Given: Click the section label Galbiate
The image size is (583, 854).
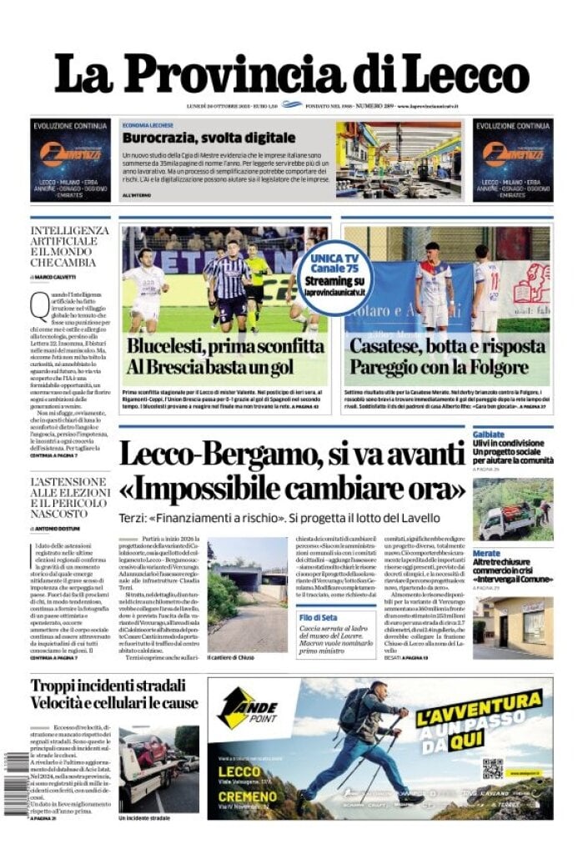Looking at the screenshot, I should tap(489, 435).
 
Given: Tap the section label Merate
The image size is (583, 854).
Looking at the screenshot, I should tap(486, 553).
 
